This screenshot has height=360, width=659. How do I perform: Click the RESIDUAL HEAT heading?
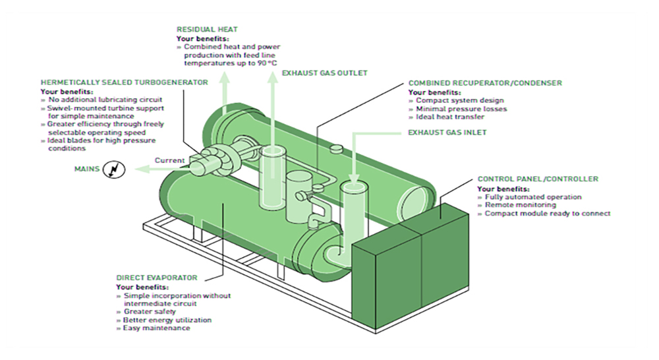206,30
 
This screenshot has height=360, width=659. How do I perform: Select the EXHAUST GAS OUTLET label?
324,73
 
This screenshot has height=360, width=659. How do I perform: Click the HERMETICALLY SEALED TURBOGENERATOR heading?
124,82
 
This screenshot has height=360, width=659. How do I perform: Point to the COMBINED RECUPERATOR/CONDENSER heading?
485,83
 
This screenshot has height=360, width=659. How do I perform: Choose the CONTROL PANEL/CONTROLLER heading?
538,179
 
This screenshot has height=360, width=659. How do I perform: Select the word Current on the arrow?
169,160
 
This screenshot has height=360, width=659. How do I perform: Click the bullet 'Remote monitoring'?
515,205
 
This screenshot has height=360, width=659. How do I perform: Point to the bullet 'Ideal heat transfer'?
449,117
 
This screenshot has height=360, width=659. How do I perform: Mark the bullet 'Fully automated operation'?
532,196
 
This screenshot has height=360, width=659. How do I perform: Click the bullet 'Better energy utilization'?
167,320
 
